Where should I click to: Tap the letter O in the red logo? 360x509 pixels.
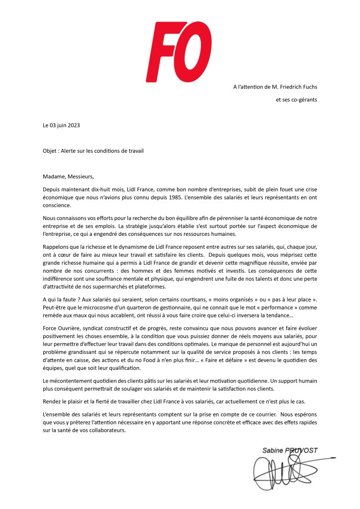point(200,50)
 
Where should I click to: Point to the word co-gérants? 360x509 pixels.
point(303,100)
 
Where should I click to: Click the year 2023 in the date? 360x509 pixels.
point(73,125)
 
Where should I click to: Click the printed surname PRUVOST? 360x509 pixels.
point(301,450)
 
